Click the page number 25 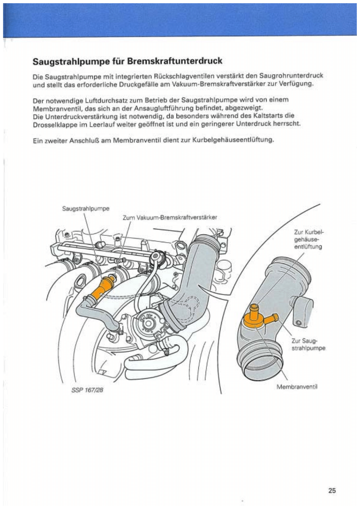click(332, 490)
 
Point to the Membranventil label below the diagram click(298, 387)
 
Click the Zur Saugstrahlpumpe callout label click(308, 344)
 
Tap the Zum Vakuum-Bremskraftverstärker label click(170, 217)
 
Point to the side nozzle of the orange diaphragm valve click(271, 319)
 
